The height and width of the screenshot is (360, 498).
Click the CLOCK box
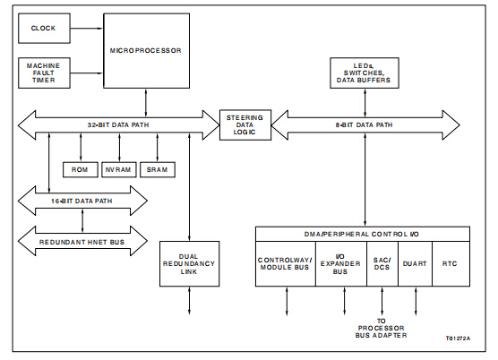[44, 29]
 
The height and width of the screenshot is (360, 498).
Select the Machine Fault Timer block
[44, 73]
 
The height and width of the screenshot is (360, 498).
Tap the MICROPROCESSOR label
[145, 50]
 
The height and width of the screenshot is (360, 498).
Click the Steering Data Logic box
[245, 125]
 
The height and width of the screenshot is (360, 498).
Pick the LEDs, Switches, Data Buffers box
[365, 73]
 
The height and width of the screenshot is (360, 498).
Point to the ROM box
[81, 170]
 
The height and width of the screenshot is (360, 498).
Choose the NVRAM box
[119, 170]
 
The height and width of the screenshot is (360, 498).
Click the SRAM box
[158, 170]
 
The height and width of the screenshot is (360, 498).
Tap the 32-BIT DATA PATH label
[118, 125]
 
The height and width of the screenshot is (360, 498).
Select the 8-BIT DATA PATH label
[364, 125]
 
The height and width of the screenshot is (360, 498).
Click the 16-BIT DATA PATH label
[82, 201]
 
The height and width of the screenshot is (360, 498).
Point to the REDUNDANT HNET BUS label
[82, 242]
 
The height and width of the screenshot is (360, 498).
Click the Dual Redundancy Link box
[189, 264]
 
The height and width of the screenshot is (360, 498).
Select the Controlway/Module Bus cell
[286, 264]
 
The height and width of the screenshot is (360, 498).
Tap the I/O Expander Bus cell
[341, 264]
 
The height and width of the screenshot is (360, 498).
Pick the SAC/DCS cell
[382, 264]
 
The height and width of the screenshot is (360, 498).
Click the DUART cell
[415, 264]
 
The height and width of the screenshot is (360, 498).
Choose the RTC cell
[451, 264]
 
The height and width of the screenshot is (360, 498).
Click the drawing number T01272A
[458, 339]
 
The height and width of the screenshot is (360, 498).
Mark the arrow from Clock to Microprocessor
[87, 29]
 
